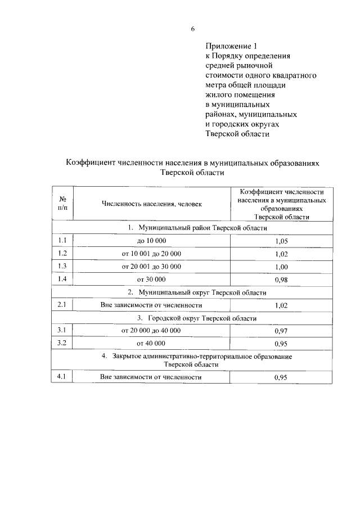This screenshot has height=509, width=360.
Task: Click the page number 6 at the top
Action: (192, 29)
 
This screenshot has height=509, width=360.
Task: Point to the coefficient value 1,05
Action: (281, 241)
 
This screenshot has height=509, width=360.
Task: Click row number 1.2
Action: (62, 253)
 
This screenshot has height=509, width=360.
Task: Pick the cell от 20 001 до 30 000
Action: (151, 266)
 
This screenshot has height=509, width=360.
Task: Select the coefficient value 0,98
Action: (281, 280)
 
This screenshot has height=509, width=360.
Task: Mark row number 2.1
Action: (62, 305)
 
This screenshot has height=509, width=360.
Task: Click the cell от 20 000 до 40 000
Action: (151, 330)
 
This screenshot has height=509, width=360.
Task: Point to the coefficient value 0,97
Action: (281, 331)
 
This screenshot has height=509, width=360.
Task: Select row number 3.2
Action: (62, 343)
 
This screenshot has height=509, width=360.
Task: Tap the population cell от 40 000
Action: (151, 343)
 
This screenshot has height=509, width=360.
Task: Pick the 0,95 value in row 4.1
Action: (281, 378)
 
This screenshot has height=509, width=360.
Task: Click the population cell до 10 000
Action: (151, 241)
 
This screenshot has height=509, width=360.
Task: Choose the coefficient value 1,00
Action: (281, 267)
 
